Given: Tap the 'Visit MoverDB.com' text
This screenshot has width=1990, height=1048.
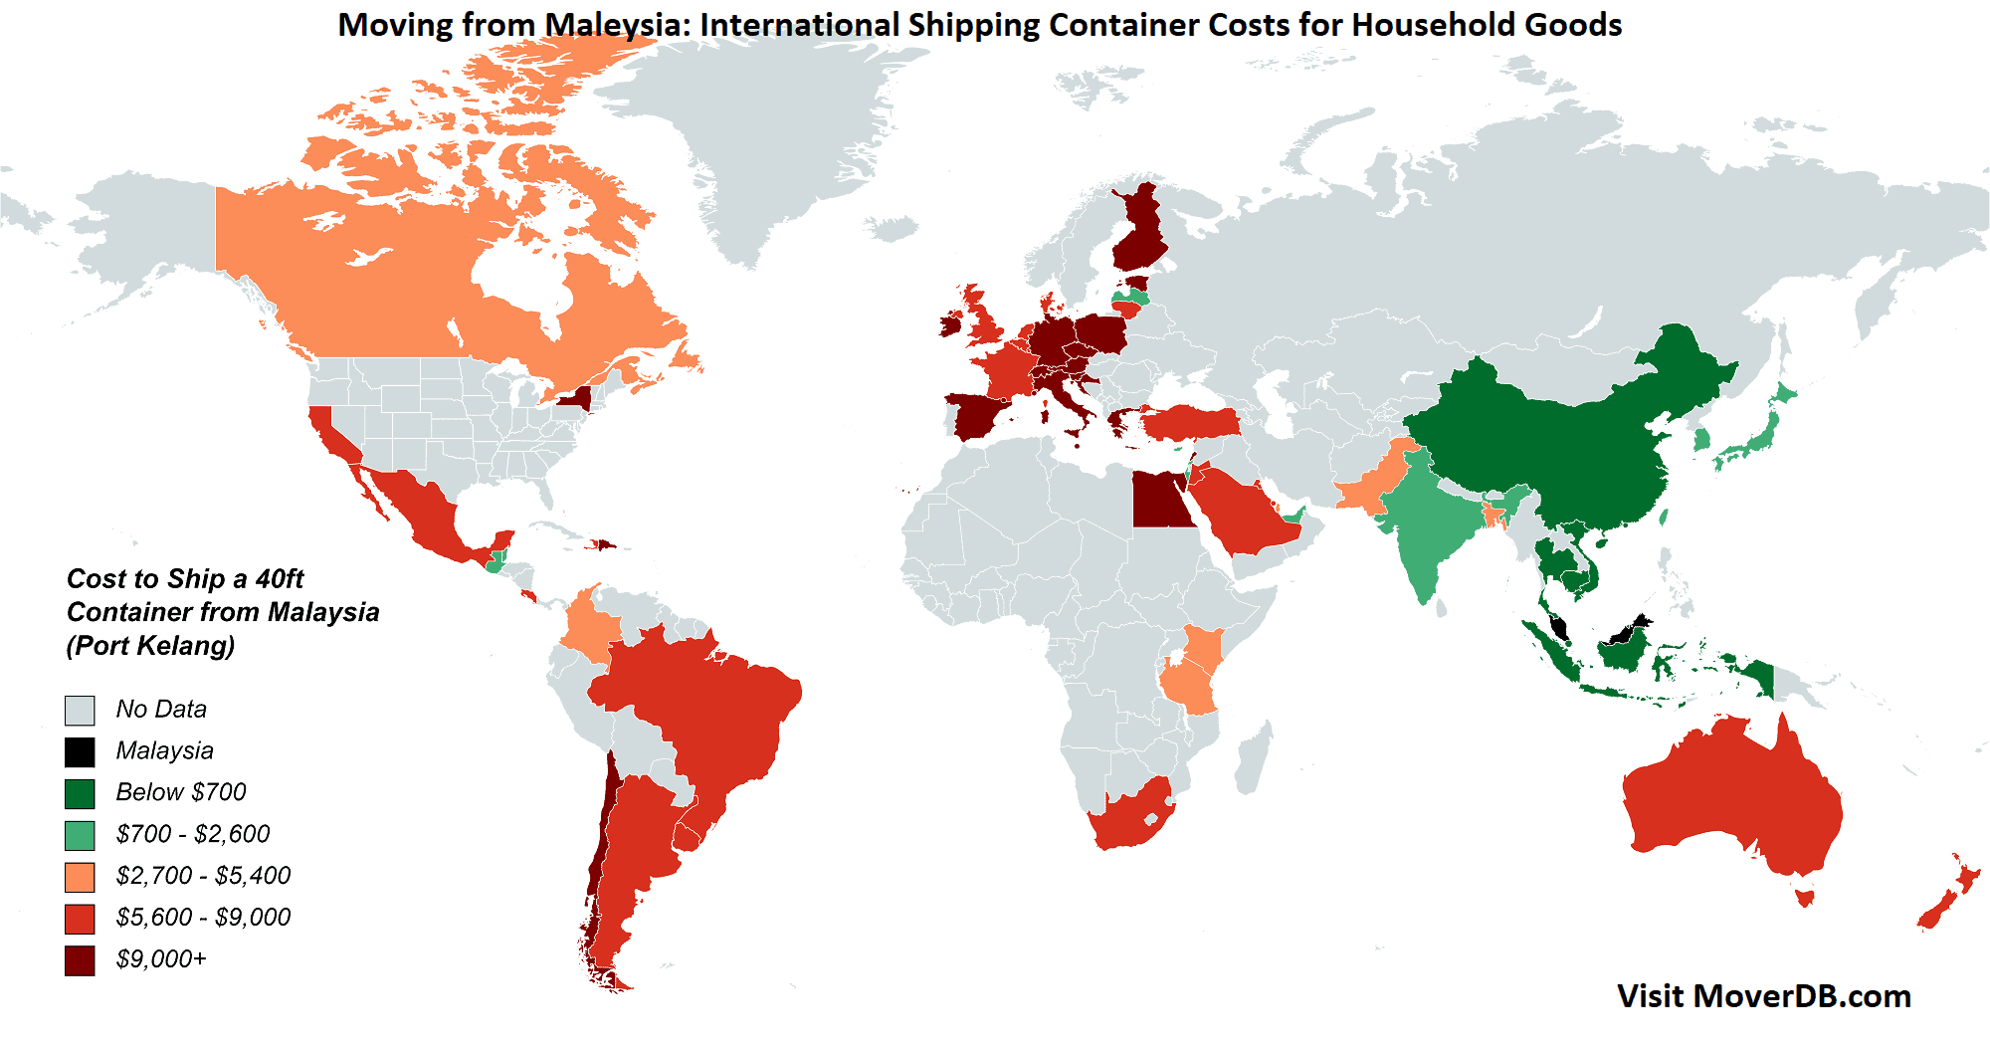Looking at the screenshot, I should [1763, 996].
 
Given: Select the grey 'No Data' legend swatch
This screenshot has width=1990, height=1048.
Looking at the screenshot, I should [80, 710].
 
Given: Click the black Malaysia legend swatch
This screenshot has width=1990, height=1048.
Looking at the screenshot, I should [80, 751].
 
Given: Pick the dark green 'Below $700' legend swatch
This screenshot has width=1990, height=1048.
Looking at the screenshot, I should [80, 793].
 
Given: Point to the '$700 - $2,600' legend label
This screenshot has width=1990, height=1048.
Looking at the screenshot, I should [192, 834].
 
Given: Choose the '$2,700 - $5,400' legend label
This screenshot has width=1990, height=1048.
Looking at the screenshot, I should [203, 876].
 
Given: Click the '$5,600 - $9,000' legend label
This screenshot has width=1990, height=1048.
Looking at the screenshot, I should [203, 918].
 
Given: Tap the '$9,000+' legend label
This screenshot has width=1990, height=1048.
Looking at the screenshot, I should [161, 959].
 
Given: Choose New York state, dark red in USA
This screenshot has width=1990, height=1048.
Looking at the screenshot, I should [575, 399].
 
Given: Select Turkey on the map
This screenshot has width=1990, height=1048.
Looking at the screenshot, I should [1189, 422].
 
